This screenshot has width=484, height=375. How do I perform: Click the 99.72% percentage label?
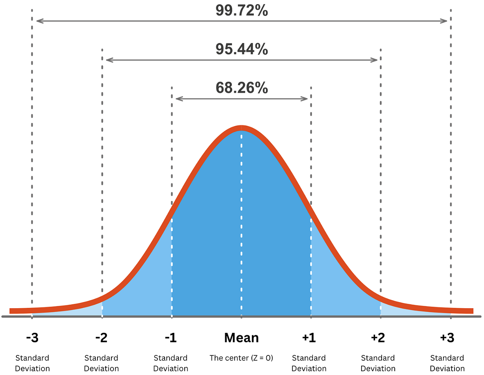[x=242, y=10]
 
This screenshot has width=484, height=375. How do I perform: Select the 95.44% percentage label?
[x=242, y=49]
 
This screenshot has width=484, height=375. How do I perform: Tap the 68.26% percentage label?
[x=242, y=88]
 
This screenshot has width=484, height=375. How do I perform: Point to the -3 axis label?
[x=32, y=338]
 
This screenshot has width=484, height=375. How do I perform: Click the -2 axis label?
[x=101, y=338]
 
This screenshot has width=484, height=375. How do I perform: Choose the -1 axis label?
[x=171, y=338]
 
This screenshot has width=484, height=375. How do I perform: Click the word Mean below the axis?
[x=242, y=338]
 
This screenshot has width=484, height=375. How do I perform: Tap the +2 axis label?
[x=378, y=338]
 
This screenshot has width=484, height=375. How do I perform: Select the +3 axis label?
[x=447, y=338]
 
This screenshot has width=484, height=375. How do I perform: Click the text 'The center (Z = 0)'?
[x=241, y=358]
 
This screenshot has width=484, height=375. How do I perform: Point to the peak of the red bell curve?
[x=242, y=128]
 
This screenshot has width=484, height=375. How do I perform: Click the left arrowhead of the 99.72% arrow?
[x=38, y=21]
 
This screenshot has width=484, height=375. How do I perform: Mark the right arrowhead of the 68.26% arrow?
[x=305, y=99]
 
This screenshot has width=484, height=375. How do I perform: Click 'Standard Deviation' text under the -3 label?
[x=32, y=363]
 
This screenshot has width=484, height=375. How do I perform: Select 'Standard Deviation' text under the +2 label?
[x=378, y=363]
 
